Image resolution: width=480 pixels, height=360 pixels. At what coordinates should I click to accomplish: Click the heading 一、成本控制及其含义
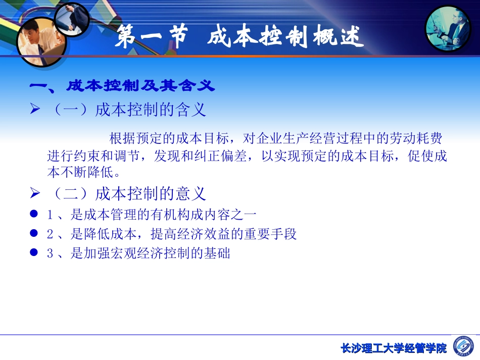point(123,86)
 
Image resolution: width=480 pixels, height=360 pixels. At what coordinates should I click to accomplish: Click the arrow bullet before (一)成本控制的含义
point(35,109)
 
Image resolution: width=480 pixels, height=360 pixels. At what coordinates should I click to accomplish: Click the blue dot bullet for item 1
point(34,214)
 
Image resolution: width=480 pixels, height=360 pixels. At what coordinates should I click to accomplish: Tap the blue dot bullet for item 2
point(34,233)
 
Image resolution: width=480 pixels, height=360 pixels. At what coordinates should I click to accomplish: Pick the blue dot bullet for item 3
point(34,252)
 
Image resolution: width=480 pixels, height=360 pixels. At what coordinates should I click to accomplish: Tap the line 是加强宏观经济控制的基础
point(150,253)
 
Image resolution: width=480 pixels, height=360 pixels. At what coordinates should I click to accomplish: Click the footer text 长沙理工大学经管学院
point(394,348)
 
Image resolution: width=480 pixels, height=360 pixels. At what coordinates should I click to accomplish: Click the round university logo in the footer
point(464,346)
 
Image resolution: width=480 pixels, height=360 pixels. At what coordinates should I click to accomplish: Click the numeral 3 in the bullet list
point(50,253)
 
